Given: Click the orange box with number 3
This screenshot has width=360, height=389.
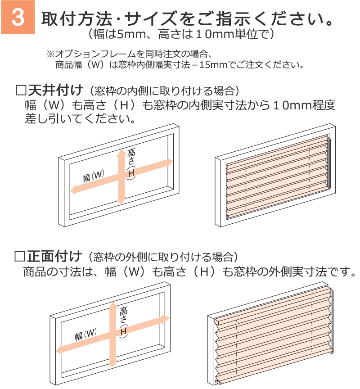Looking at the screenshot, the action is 18,17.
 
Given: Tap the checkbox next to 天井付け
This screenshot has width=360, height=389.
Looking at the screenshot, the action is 21,90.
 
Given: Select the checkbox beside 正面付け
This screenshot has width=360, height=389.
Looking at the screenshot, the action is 20,256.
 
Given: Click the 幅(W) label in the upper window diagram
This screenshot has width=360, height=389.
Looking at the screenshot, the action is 94,176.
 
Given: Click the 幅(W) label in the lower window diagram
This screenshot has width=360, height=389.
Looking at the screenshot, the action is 86,335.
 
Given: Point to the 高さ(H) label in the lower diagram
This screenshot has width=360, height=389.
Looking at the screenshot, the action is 123,322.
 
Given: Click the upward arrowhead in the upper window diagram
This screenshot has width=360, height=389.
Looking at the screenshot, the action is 121,154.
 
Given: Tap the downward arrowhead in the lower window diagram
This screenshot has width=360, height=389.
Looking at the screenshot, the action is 113,363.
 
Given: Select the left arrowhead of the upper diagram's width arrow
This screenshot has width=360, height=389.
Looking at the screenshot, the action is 74,190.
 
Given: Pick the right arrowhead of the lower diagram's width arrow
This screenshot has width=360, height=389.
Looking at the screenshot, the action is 165,319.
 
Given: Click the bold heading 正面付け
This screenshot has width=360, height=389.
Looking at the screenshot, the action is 54,256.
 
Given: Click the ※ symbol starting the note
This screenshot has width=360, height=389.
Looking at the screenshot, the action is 50,54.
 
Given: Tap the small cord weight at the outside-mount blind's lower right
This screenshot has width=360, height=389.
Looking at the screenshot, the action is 332,352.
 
